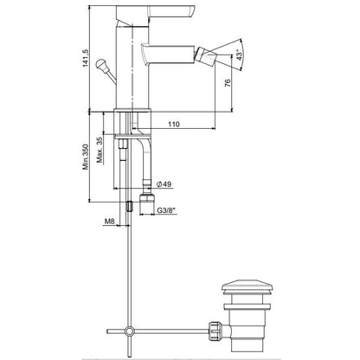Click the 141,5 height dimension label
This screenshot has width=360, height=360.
click(86, 58)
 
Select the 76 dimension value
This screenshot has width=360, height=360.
click(228, 83)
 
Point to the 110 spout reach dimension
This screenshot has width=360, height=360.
click(174, 125)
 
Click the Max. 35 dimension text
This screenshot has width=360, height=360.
click(100, 150)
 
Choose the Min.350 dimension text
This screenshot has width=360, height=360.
click(86, 157)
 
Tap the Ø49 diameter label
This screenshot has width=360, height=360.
click(164, 184)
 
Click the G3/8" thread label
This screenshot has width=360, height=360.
click(167, 210)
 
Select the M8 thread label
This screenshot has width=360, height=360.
click(109, 222)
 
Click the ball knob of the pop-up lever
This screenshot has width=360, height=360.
click(101, 63)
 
